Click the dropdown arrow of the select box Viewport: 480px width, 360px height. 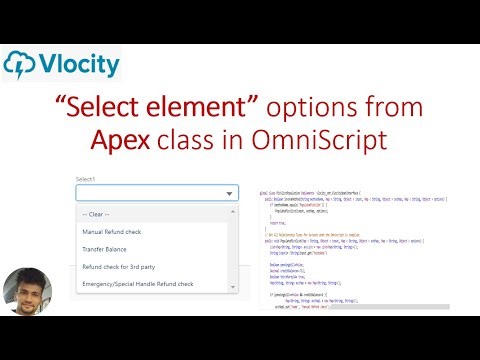click(230, 194)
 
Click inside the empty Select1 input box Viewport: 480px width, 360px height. click(150, 193)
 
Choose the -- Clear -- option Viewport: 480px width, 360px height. click(97, 214)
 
